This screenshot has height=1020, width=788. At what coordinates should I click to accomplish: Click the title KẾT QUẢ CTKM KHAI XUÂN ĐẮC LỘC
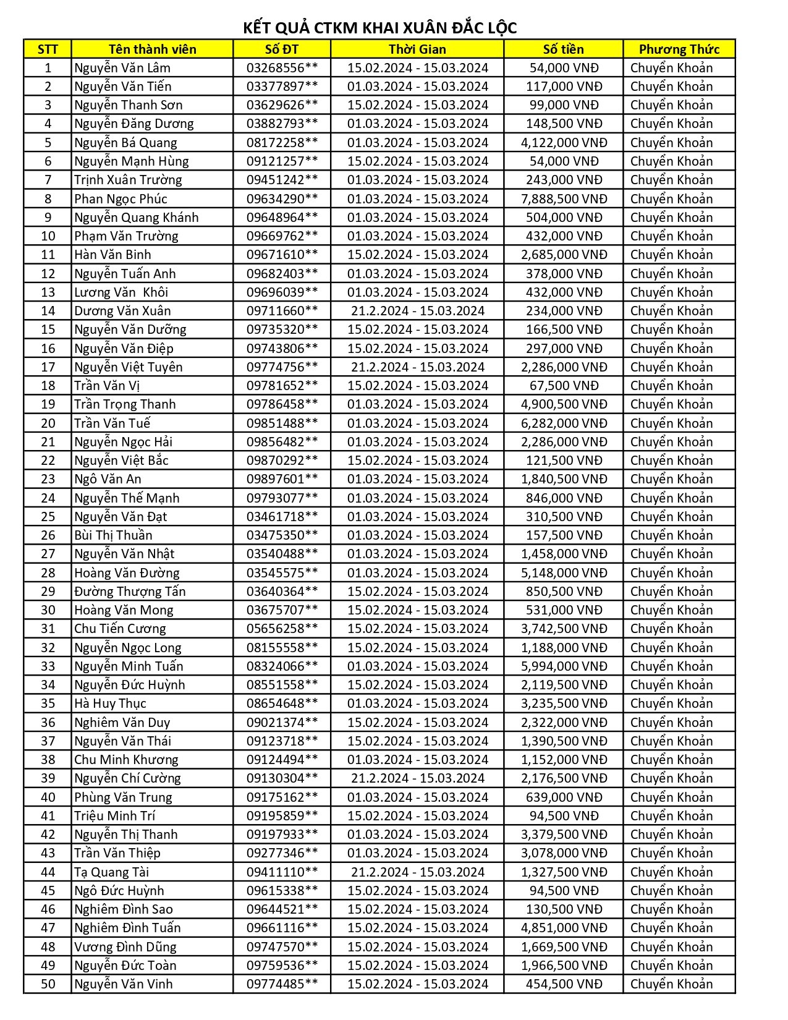[x=379, y=28]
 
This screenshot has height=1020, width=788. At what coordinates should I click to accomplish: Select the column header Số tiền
[x=563, y=49]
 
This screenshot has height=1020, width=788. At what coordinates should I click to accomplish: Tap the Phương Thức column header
[x=679, y=49]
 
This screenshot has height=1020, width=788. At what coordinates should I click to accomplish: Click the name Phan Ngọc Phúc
[x=121, y=199]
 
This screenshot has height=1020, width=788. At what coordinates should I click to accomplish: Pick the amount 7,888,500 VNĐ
[x=564, y=199]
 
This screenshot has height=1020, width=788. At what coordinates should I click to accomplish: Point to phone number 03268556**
[x=282, y=68]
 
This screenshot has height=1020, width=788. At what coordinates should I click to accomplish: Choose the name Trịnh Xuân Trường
[x=128, y=180]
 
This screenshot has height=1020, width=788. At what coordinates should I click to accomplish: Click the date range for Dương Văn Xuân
[x=417, y=311]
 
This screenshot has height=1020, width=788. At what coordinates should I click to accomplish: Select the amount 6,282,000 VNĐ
[x=564, y=423]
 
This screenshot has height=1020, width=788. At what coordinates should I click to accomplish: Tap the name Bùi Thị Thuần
[x=113, y=535]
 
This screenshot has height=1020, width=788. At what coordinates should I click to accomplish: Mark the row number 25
[x=48, y=517]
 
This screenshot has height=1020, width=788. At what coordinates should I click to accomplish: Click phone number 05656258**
[x=282, y=629]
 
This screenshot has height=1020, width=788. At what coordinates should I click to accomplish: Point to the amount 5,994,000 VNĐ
[x=564, y=666]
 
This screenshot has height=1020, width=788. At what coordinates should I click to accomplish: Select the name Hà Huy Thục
[x=110, y=703]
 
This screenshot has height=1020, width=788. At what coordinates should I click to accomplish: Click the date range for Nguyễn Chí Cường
[x=417, y=778]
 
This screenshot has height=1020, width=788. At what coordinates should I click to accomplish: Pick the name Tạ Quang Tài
[x=111, y=872]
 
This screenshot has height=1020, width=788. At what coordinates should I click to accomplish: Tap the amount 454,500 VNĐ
[x=564, y=984]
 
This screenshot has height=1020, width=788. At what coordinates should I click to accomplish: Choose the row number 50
[x=48, y=984]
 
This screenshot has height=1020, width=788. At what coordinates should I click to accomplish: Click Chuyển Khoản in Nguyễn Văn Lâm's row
[x=671, y=68]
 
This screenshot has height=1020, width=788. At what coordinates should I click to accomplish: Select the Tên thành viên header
[x=152, y=49]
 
